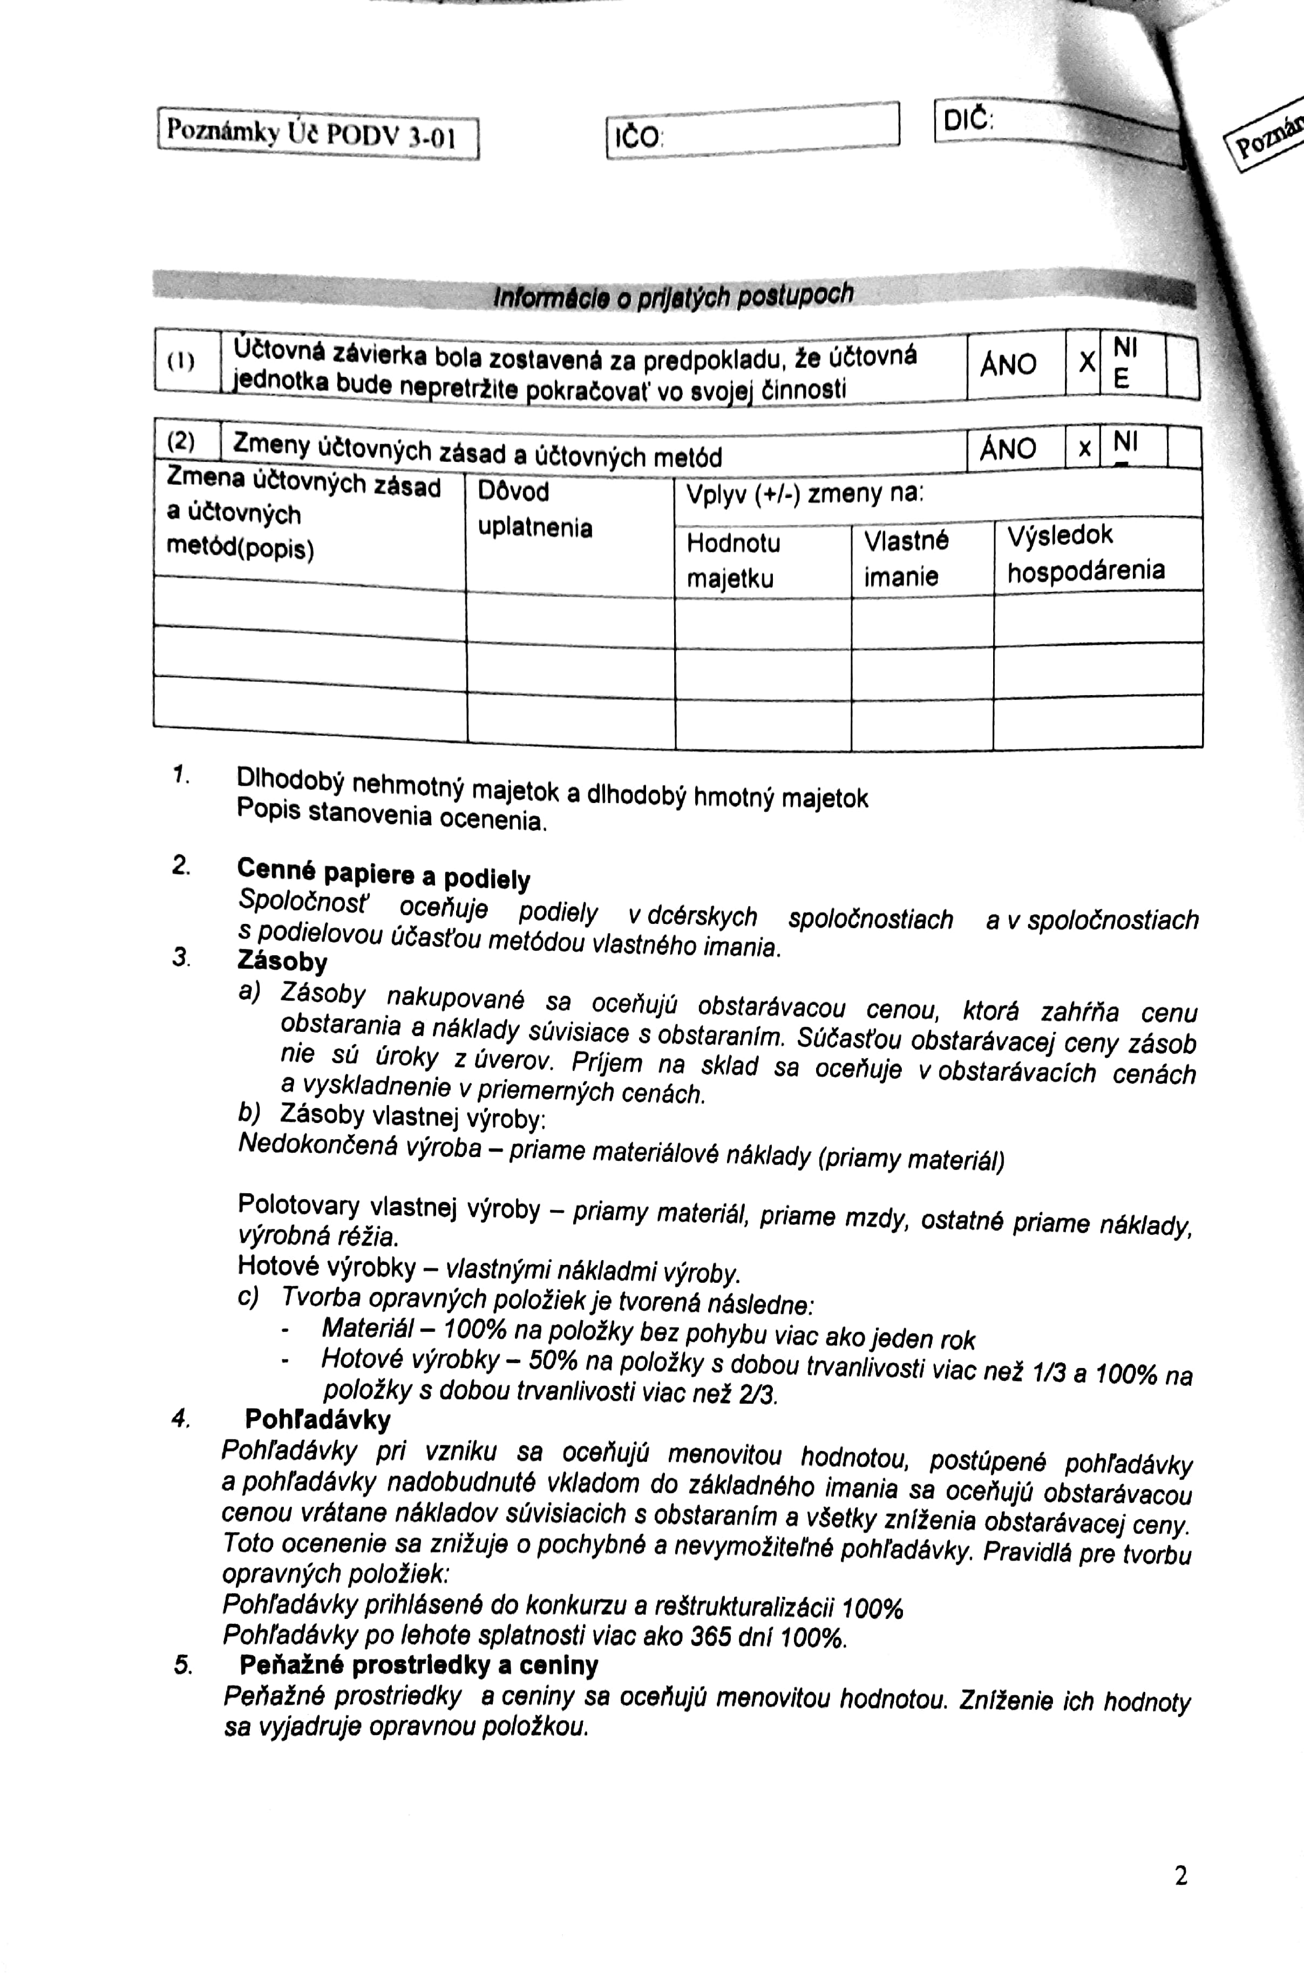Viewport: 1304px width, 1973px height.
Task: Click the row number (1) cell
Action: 182,362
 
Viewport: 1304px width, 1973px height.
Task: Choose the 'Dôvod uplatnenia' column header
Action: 535,509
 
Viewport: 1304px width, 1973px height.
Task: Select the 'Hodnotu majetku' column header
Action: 732,560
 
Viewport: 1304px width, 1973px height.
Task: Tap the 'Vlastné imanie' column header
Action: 905,558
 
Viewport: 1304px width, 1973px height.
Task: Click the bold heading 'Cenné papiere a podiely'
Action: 383,873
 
